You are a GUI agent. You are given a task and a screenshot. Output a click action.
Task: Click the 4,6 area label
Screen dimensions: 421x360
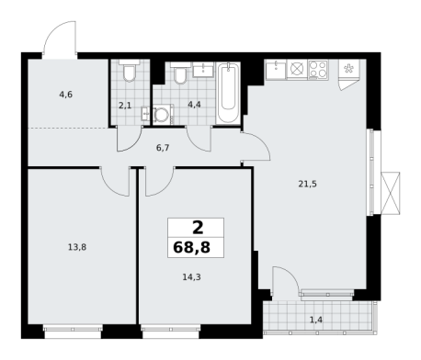(66, 95)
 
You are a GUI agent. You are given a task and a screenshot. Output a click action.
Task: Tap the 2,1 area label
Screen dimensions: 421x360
(125, 106)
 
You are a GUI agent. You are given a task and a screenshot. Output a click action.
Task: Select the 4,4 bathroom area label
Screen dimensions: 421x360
(194, 105)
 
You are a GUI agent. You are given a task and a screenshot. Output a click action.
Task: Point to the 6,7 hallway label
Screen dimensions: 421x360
(163, 148)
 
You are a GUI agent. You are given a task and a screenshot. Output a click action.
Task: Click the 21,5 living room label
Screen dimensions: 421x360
(308, 184)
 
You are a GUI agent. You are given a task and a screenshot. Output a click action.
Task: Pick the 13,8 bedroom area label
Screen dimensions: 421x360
(77, 247)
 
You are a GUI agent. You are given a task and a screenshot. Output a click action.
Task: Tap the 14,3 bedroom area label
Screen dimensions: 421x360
(191, 277)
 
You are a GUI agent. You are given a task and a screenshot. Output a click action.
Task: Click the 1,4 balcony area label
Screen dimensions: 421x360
(316, 321)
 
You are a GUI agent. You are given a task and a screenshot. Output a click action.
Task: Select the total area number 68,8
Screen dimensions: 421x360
(192, 247)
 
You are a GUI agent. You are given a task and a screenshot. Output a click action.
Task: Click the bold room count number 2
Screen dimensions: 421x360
(198, 228)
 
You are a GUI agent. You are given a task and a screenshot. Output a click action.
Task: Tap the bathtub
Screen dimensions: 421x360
(228, 93)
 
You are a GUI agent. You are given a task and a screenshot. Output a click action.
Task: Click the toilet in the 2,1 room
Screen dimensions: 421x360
(130, 71)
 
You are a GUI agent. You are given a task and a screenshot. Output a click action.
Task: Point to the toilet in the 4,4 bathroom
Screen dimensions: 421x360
(180, 73)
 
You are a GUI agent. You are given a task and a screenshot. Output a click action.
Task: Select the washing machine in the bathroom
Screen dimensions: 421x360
(162, 115)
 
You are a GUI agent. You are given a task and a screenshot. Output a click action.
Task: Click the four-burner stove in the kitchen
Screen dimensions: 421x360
(318, 69)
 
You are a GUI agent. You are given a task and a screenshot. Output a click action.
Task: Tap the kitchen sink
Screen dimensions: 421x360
(276, 69)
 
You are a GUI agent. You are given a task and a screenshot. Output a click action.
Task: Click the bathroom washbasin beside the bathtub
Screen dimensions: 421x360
(203, 70)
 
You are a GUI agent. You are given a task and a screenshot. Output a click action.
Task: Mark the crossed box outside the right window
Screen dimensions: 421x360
(391, 193)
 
